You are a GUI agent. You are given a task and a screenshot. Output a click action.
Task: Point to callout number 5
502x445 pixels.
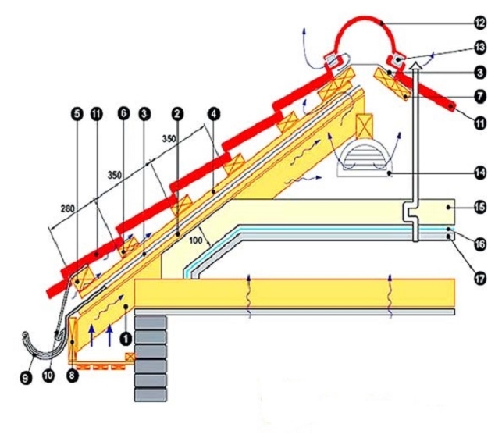[77, 114]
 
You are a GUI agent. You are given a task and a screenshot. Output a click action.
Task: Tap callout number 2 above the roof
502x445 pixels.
[178, 114]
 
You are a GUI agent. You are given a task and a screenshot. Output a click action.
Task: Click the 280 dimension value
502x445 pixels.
[66, 208]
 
